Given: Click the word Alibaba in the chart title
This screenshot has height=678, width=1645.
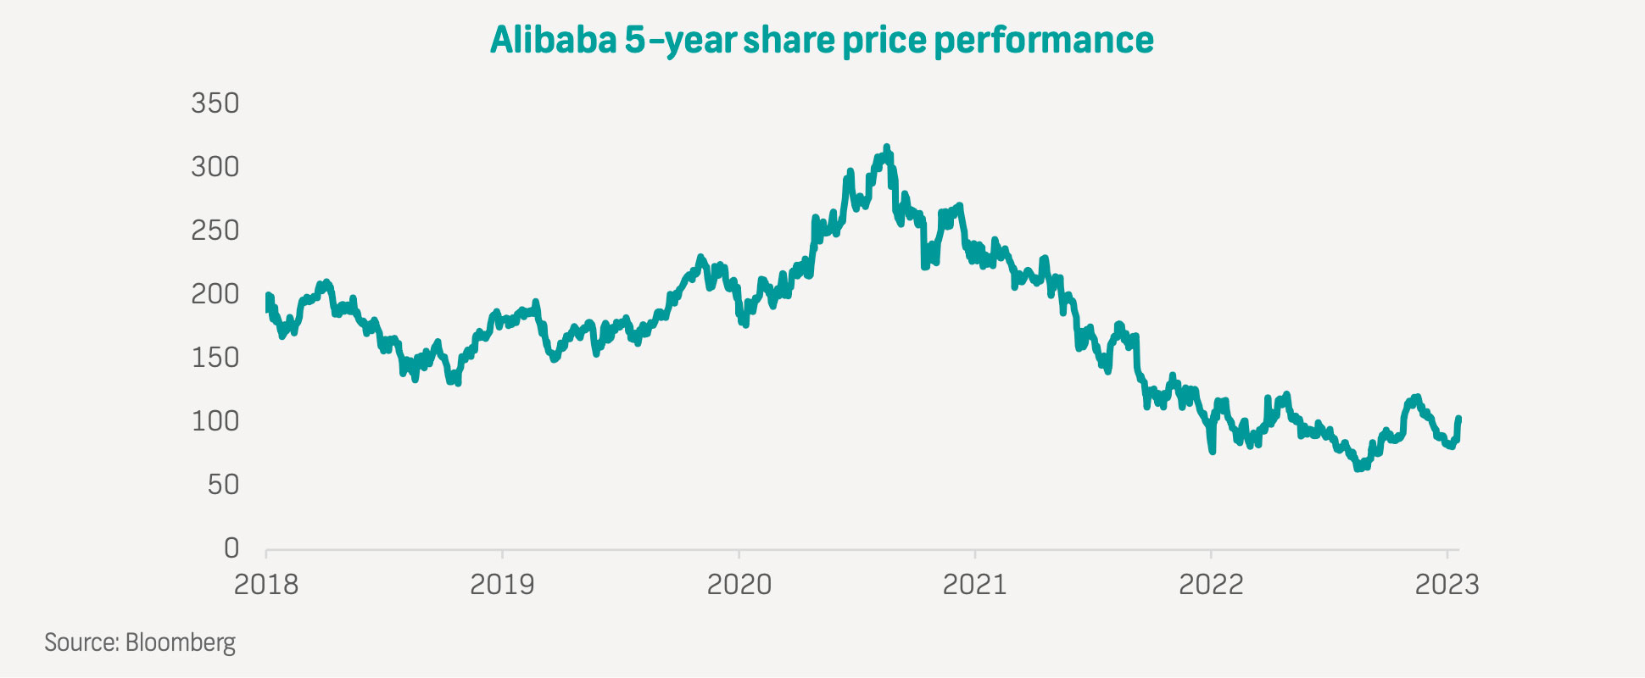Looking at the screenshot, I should (553, 40).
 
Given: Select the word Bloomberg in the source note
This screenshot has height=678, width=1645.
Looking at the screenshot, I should (181, 642).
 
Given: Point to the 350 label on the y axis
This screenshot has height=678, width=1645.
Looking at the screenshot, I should (215, 103).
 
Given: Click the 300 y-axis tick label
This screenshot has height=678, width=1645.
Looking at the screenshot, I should (215, 167).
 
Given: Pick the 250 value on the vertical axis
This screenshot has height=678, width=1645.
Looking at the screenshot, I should (215, 231).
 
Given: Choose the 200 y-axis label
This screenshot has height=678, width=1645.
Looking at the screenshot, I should (215, 294).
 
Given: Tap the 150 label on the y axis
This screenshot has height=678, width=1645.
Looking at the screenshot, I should (215, 358).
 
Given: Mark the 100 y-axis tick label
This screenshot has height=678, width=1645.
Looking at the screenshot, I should (215, 421).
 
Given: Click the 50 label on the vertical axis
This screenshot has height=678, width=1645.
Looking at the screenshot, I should (224, 485).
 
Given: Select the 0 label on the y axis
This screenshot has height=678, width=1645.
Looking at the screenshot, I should (231, 548).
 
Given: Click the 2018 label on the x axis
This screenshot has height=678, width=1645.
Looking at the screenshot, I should (266, 585).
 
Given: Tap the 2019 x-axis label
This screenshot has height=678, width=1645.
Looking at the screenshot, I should (502, 585).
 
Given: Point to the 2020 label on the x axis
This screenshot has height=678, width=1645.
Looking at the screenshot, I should (739, 585).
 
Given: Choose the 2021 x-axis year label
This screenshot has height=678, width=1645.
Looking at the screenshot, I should (974, 585).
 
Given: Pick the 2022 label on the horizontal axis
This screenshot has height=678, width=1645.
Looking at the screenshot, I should (1211, 585).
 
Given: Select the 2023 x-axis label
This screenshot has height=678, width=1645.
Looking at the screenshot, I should (1447, 585).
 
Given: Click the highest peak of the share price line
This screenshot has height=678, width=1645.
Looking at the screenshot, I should (887, 147).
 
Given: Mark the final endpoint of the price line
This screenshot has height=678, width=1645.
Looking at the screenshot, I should (1458, 418).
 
